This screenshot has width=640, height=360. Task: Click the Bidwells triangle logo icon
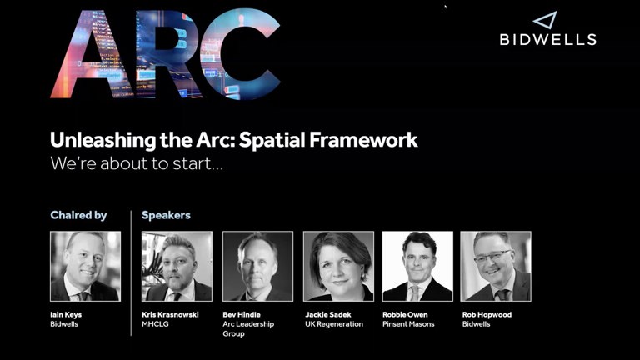pyautogui.click(x=545, y=21)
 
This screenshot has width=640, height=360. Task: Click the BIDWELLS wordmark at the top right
pyautogui.click(x=547, y=39)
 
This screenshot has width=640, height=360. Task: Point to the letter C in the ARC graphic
pyautogui.click(x=242, y=53)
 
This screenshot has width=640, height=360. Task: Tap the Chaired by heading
pyautogui.click(x=78, y=215)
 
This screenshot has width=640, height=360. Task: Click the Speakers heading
pyautogui.click(x=166, y=215)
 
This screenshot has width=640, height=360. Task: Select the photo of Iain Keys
pyautogui.click(x=85, y=266)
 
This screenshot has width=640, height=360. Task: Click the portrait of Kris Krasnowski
pyautogui.click(x=177, y=266)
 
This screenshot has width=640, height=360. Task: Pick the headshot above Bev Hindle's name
pyautogui.click(x=257, y=266)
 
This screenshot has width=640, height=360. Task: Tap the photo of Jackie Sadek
pyautogui.click(x=338, y=266)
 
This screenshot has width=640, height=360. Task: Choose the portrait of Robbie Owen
pyautogui.click(x=417, y=266)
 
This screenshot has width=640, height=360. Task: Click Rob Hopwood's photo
pyautogui.click(x=496, y=266)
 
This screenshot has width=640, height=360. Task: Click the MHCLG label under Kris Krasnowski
pyautogui.click(x=156, y=324)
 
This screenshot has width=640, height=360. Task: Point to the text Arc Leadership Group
pyautogui.click(x=247, y=328)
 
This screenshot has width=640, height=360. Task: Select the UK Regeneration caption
pyautogui.click(x=333, y=324)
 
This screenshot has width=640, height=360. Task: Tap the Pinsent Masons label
pyautogui.click(x=408, y=324)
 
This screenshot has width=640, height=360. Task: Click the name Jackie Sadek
pyautogui.click(x=327, y=314)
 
